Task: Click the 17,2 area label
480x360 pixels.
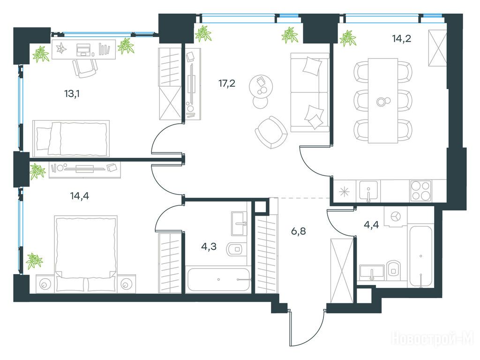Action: (x=227, y=83)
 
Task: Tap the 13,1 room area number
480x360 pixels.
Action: (x=72, y=94)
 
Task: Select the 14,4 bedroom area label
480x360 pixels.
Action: (x=80, y=195)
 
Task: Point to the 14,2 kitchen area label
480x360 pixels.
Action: (x=401, y=38)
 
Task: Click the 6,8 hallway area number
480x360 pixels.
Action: (x=298, y=231)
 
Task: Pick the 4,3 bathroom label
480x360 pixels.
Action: (x=209, y=247)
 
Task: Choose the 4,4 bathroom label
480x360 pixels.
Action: (x=371, y=225)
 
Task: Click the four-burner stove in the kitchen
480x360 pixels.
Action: (x=420, y=191)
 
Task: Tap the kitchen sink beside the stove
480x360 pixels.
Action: (x=368, y=191)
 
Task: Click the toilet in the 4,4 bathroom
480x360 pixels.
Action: (x=393, y=270)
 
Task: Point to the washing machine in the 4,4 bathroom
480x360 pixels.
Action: (x=396, y=217)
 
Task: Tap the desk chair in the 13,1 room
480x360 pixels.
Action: (x=85, y=68)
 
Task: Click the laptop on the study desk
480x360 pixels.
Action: (x=83, y=50)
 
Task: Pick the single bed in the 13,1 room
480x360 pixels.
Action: (x=71, y=138)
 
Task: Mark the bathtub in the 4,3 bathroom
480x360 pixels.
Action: (x=218, y=280)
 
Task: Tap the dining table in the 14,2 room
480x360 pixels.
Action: (x=383, y=101)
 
